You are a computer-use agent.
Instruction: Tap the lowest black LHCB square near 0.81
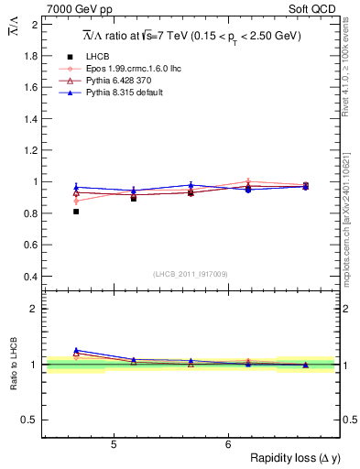point(76,212)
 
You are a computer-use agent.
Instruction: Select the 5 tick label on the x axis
point(113,445)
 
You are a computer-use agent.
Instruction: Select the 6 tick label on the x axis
point(228,445)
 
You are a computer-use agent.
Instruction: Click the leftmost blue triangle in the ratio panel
point(76,350)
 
